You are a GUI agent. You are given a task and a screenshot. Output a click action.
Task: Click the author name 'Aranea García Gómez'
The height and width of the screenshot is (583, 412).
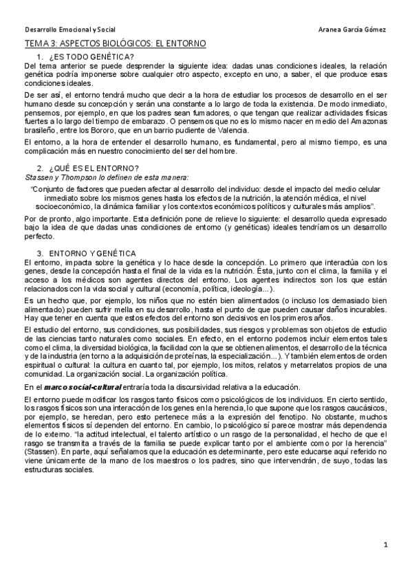point(353,30)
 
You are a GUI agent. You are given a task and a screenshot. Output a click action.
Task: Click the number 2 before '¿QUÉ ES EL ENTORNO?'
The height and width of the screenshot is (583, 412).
point(39,168)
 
